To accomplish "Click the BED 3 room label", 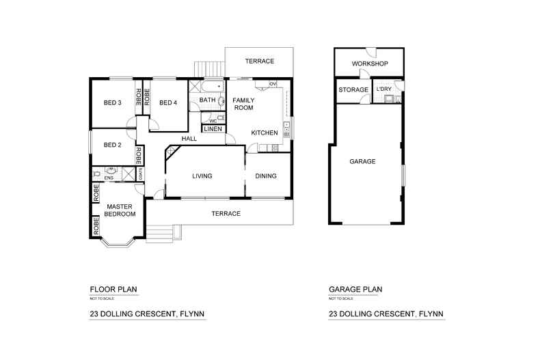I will coord(113,103).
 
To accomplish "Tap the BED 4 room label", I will coord(168,103).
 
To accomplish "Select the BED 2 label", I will coord(113,145).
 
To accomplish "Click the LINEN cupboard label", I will coord(212,129).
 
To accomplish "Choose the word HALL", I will coord(189,139).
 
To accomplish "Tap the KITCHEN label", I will coord(264,133).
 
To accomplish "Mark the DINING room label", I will coord(266,176).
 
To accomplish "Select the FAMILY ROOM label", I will coord(243,104).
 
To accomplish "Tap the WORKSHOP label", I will coord(370,64).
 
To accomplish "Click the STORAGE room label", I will coord(353,90).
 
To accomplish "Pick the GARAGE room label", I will coord(363,162).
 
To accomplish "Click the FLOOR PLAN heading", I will coord(113,290).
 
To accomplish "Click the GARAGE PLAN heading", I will coord(355,290).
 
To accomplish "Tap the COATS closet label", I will coord(141,174).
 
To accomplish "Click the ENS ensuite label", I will coord(109,178).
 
